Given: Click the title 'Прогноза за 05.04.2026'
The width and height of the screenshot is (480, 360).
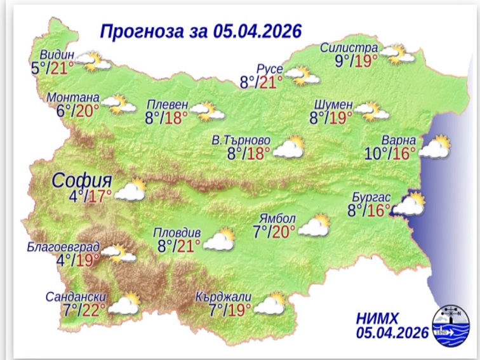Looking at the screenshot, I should (x=200, y=31).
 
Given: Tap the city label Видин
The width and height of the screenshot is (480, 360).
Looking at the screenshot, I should (x=57, y=54).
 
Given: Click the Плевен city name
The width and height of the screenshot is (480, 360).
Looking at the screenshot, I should (x=167, y=104).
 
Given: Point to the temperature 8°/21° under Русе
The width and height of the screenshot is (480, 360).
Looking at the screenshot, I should (x=261, y=81).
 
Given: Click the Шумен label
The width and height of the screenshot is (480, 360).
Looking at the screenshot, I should (x=333, y=104).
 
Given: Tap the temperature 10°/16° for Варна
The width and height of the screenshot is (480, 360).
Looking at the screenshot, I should (x=390, y=152).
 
